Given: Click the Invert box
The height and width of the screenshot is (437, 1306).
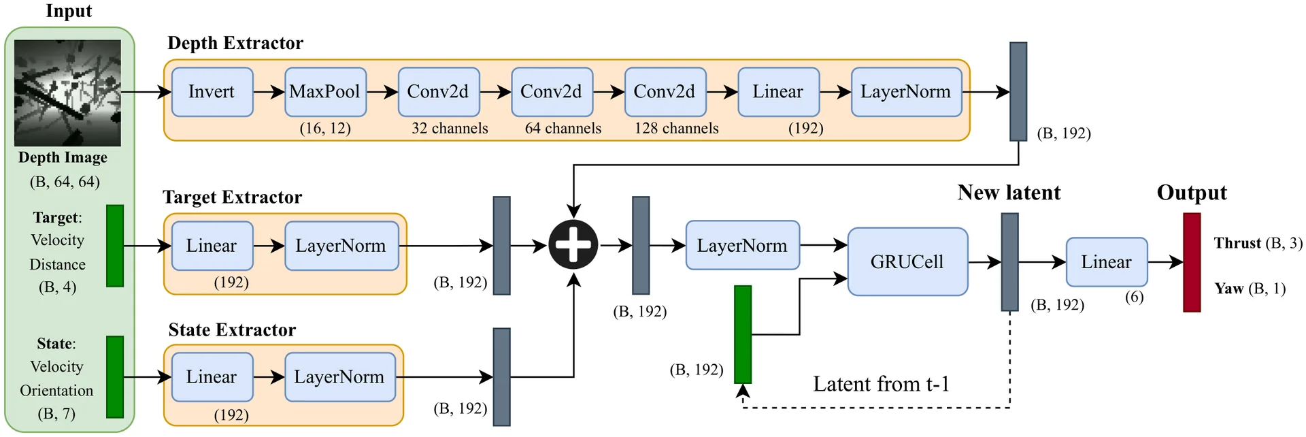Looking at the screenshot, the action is (x=212, y=92).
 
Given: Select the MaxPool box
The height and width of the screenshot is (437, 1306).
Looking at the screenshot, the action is (x=325, y=92).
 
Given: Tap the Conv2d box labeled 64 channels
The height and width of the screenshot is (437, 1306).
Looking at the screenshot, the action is (x=552, y=92).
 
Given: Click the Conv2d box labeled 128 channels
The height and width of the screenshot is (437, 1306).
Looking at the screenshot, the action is (x=665, y=92).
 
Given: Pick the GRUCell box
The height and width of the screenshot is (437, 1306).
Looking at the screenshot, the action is (x=907, y=261).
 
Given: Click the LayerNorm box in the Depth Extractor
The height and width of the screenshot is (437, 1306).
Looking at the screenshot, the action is (x=906, y=92).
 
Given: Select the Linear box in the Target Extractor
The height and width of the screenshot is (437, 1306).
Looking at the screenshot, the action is (x=212, y=246).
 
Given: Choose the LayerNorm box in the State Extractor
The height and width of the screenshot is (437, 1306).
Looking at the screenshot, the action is (x=339, y=377).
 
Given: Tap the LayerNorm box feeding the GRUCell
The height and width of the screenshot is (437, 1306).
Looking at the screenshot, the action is (x=742, y=245).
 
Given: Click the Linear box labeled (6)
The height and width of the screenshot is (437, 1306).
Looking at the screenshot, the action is (x=1107, y=262).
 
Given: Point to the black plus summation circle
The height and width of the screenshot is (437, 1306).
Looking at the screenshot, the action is (x=573, y=244).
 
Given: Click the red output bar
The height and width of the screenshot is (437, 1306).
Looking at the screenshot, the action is (x=1192, y=263).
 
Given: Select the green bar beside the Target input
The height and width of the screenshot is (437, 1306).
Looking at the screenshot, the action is (x=115, y=246).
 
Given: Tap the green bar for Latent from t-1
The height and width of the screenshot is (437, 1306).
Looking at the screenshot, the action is (x=743, y=334).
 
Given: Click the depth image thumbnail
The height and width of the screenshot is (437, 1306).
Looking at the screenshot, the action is (x=67, y=93).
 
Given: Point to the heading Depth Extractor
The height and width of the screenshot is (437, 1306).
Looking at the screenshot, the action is (x=235, y=44).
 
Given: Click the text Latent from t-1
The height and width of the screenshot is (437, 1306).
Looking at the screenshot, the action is (x=881, y=384).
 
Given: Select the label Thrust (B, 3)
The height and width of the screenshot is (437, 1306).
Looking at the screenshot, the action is (x=1258, y=243).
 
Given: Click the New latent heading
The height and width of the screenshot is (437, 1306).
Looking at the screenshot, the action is (x=1009, y=193).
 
